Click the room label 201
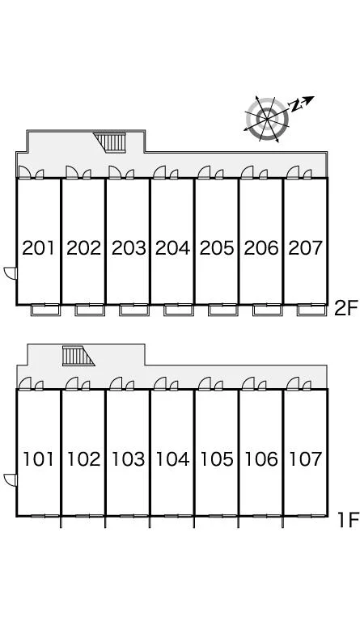pyautogui.click(x=38, y=248)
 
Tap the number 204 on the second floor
pyautogui.click(x=172, y=248)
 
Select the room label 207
pyautogui.click(x=305, y=248)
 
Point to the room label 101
pyautogui.click(x=38, y=459)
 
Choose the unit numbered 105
pyautogui.click(x=217, y=459)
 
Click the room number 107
pyautogui.click(x=305, y=459)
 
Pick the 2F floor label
pyautogui.click(x=346, y=308)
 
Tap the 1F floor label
pyautogui.click(x=348, y=520)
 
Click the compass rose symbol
pyautogui.click(x=267, y=119)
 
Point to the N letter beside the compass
pyautogui.click(x=295, y=106)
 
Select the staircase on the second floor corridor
pyautogui.click(x=111, y=142)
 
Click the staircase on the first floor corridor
pyautogui.click(x=78, y=356)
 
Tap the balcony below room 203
pyautogui.click(x=134, y=310)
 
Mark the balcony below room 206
pyautogui.click(x=268, y=310)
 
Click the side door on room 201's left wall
pyautogui.click(x=11, y=273)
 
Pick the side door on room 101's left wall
pyautogui.click(x=11, y=479)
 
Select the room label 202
pyautogui.click(x=83, y=248)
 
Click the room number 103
pyautogui.click(x=128, y=459)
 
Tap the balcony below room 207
pyautogui.click(x=312, y=310)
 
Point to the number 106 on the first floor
pyautogui.click(x=261, y=459)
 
